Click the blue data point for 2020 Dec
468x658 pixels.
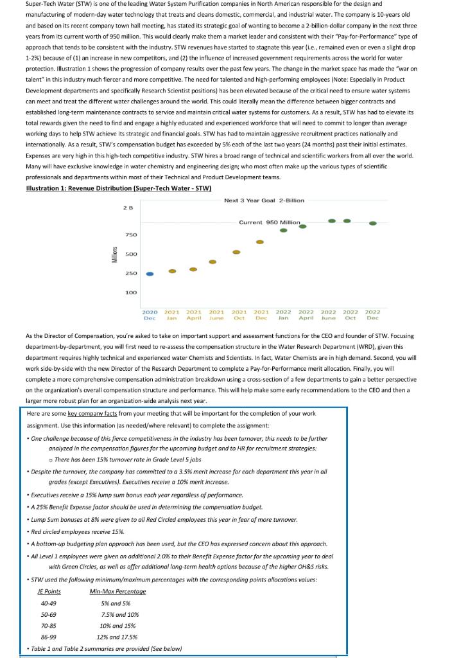pos(150,274)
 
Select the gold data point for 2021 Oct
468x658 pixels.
pos(236,253)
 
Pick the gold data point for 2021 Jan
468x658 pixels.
pos(172,271)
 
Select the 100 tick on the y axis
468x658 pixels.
pos(130,293)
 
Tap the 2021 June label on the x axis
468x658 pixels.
pos(216,315)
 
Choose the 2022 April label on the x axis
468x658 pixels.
pos(306,315)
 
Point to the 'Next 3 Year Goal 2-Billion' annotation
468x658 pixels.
pos(264,200)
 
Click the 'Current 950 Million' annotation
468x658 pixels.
pos(269,222)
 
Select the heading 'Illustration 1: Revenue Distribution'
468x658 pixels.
pos(118,188)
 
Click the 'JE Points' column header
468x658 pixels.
pos(49,591)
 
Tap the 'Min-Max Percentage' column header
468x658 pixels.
pos(117,591)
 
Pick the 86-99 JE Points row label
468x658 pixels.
pos(48,637)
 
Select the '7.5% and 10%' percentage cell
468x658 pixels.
pos(119,614)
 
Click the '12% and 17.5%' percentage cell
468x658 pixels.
pos(117,637)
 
